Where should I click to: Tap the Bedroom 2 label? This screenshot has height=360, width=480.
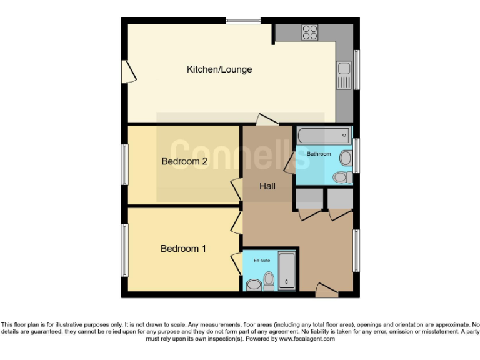click(184, 161)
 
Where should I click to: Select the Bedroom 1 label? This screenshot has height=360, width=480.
click(183, 249)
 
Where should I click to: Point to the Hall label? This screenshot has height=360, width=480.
click(267, 186)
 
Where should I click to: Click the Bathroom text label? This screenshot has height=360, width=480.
click(319, 154)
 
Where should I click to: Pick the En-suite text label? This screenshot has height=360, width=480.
click(262, 260)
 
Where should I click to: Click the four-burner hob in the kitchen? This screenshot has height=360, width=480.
click(310, 32)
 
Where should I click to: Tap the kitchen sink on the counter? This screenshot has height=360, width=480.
click(344, 74)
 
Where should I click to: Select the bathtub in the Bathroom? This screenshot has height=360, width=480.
click(323, 134)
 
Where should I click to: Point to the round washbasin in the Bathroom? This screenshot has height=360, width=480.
click(346, 158)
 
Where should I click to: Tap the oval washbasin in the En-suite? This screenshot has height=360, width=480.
click(253, 285)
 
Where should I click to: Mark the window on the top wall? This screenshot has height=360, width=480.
click(243, 21)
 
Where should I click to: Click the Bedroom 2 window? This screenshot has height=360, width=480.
click(124, 164)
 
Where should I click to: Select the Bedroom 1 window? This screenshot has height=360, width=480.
click(124, 250)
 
